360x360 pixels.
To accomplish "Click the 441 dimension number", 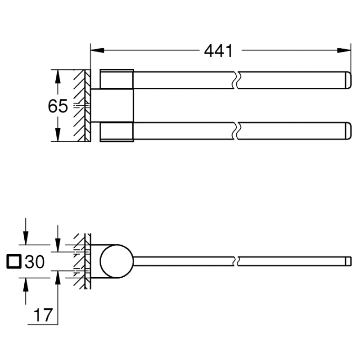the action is click(x=218, y=51).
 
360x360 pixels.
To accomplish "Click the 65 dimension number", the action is click(x=58, y=106).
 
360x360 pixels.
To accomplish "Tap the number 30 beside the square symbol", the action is click(x=35, y=261).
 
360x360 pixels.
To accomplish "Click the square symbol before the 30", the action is click(x=14, y=261).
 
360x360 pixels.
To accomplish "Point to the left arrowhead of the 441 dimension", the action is click(x=97, y=50).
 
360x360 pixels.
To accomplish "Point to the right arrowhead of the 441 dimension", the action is click(x=344, y=50).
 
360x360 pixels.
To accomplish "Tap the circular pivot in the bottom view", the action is click(x=117, y=261).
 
